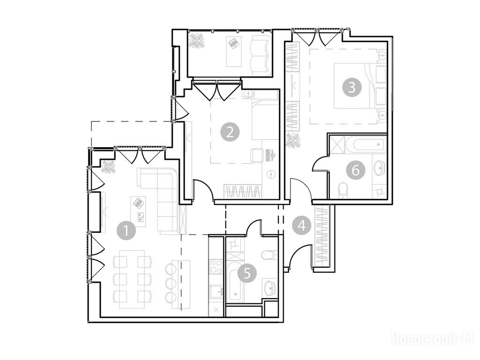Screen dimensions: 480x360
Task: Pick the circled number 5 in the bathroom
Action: point(247,273)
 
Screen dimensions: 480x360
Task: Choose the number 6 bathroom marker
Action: point(356,170)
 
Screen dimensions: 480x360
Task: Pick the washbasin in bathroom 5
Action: point(270,288)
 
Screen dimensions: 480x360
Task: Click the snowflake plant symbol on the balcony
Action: point(196,41)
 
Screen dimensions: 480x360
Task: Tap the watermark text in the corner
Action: point(432,339)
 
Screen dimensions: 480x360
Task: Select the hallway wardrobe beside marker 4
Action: point(322,235)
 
